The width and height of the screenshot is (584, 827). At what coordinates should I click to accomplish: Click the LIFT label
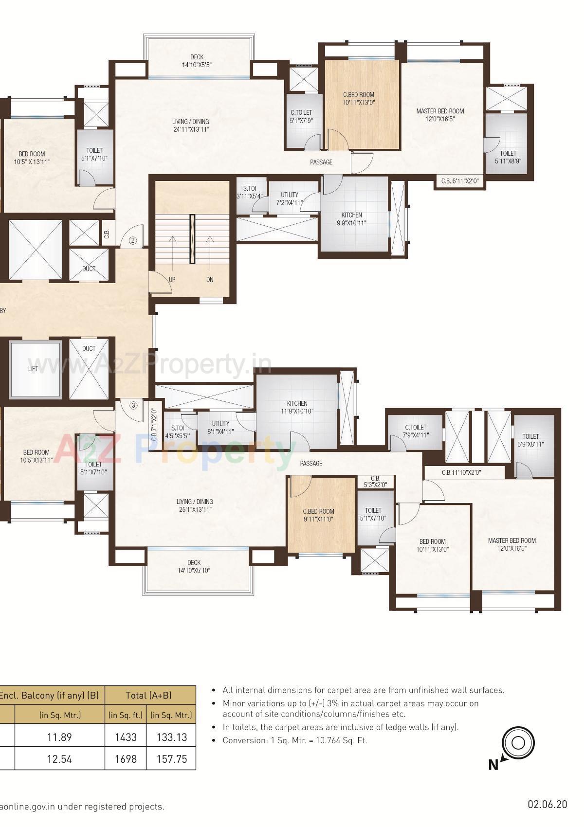click(33, 369)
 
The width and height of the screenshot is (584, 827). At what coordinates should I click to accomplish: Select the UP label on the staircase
click(172, 279)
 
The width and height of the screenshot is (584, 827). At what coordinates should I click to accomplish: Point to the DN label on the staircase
click(209, 279)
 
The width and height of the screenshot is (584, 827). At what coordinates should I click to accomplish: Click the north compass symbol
click(517, 743)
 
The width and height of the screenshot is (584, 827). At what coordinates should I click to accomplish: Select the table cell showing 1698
click(126, 758)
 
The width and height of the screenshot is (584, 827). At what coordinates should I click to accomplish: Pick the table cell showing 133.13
click(172, 737)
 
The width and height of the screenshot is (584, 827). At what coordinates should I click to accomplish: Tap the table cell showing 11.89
click(59, 737)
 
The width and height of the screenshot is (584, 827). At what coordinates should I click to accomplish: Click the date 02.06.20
click(547, 805)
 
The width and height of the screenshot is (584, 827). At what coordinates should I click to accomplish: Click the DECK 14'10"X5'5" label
click(197, 61)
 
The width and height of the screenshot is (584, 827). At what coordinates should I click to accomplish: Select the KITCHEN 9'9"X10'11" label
click(351, 219)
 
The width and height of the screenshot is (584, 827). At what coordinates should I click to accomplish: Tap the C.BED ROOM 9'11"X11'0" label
click(318, 515)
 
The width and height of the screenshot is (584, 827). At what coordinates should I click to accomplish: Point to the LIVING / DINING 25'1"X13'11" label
click(194, 505)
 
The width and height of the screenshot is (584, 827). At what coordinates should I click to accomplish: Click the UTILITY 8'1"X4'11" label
click(220, 427)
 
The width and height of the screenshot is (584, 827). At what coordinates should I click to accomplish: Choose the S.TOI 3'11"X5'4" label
click(249, 192)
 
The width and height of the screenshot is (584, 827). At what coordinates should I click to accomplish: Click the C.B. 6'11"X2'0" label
click(460, 181)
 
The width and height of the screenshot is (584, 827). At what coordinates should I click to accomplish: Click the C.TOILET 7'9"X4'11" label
click(415, 431)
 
